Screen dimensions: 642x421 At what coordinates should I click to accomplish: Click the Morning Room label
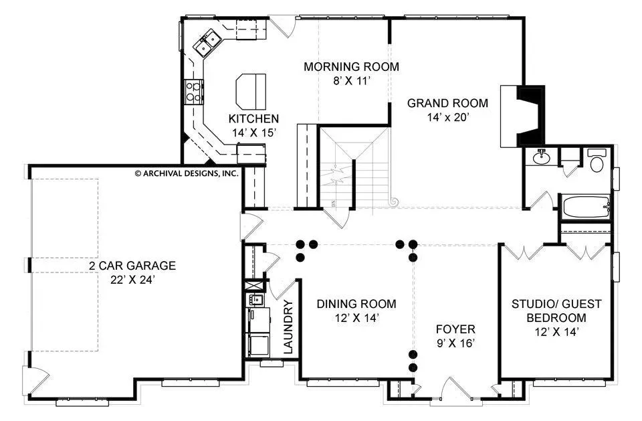(351, 66)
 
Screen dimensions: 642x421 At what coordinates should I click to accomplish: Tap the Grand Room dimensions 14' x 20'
(447, 118)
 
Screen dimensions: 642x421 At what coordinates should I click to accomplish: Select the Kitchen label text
(253, 119)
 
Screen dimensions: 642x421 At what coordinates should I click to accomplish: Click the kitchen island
(251, 91)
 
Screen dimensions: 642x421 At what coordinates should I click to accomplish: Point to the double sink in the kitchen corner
(207, 43)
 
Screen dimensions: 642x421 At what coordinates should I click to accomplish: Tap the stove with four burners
(193, 92)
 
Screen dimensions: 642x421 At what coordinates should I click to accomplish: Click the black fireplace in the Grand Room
(530, 116)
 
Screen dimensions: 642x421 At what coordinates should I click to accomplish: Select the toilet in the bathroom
(597, 161)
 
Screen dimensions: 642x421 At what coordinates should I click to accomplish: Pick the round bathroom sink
(542, 157)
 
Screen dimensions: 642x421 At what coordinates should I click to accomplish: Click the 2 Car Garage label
(132, 266)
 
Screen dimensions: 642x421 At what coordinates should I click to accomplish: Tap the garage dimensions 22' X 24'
(132, 280)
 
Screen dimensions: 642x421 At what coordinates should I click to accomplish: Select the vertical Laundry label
(288, 327)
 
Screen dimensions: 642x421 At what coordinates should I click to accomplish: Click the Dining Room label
(356, 304)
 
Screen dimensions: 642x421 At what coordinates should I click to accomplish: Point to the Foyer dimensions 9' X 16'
(455, 343)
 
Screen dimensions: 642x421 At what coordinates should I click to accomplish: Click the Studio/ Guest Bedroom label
(556, 311)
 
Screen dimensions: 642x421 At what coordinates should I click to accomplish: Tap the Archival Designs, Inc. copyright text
(187, 173)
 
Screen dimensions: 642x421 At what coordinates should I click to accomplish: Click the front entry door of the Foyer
(455, 389)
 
